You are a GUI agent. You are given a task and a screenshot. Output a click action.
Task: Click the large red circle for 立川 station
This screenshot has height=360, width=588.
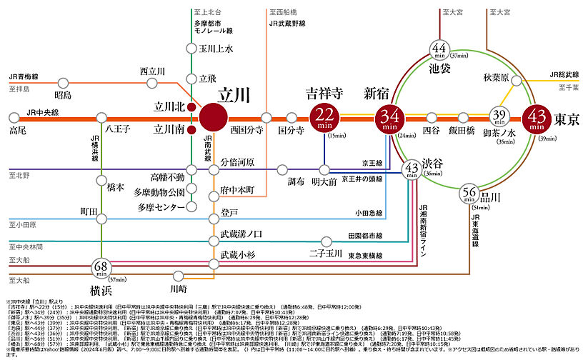coord(214,118)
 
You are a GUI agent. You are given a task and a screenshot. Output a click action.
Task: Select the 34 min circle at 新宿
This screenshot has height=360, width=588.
coord(389,118)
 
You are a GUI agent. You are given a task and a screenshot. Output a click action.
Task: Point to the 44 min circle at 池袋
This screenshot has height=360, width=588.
coord(439,51)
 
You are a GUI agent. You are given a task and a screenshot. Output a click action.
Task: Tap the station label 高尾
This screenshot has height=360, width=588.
coord(18,131)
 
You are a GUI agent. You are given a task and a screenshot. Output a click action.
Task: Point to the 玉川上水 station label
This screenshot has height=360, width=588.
coord(216,49)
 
